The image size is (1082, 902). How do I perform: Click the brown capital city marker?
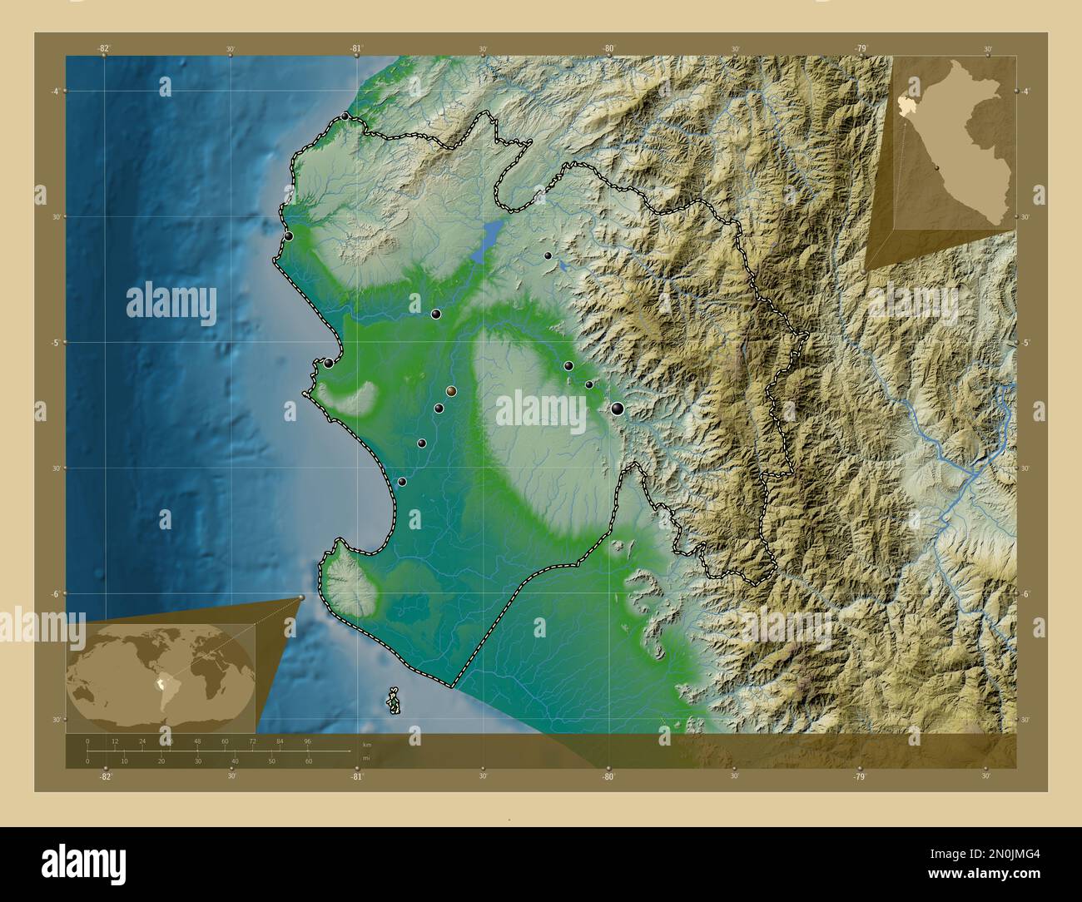(x=451, y=391)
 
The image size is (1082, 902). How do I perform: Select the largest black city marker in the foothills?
(x=617, y=408)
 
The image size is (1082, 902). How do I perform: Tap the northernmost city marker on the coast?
(x=345, y=116)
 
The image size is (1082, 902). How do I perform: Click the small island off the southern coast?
(x=394, y=701)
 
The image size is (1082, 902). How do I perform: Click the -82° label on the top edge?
(x=104, y=48)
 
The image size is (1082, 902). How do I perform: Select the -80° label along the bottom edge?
(x=608, y=776)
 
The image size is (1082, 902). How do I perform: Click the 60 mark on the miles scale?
(x=309, y=761)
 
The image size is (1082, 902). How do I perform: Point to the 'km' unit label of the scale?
(x=367, y=745)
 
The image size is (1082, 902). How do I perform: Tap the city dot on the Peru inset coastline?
(x=937, y=166)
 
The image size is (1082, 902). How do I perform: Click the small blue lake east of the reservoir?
(x=563, y=265)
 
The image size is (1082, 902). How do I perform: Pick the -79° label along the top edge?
(x=861, y=48)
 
